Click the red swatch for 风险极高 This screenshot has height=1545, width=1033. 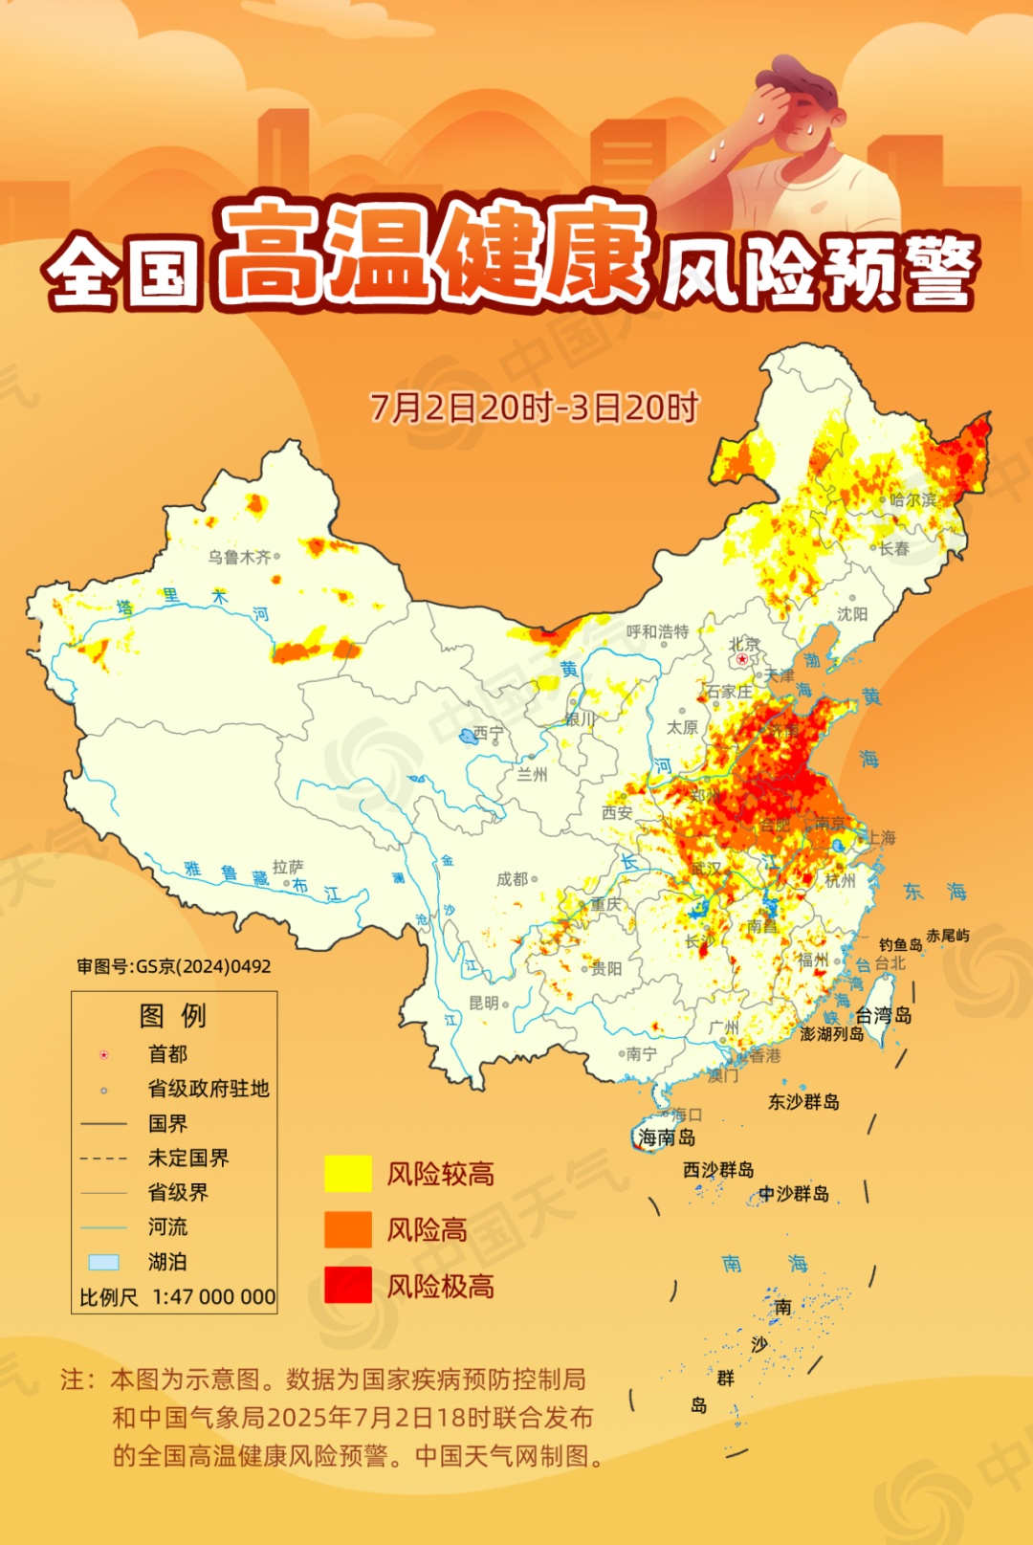tap(348, 1285)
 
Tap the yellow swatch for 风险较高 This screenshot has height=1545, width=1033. tap(348, 1174)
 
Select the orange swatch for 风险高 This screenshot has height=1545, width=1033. tap(348, 1229)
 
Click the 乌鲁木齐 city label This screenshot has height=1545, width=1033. tap(239, 557)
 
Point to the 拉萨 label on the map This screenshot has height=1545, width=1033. tap(287, 867)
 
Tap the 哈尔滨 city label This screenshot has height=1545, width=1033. tap(912, 499)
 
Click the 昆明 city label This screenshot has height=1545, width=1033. tap(484, 1003)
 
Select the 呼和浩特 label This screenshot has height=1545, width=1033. tap(657, 631)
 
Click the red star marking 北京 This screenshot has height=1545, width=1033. tap(742, 659)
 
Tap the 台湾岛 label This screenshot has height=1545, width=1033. tap(883, 1015)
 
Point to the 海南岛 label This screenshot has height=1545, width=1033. tap(667, 1137)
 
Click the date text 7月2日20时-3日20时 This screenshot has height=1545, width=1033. tap(535, 408)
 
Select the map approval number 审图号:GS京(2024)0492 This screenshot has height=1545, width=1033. tap(174, 966)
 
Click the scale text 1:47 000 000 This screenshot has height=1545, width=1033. tap(214, 1297)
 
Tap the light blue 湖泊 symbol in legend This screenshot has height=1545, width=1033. tap(103, 1263)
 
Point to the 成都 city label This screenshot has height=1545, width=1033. tap(513, 878)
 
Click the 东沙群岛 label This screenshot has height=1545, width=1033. tap(803, 1102)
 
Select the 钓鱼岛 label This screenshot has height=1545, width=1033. tap(901, 944)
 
